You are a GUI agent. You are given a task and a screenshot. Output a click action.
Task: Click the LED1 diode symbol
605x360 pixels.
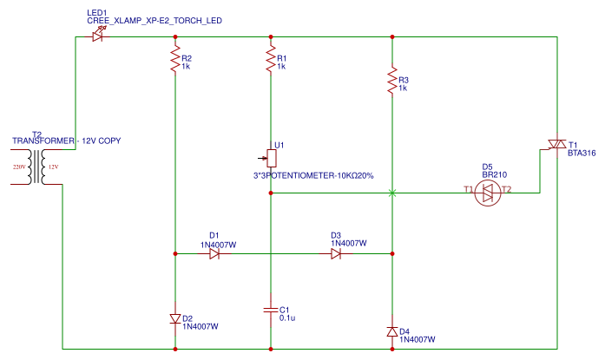point(97,36)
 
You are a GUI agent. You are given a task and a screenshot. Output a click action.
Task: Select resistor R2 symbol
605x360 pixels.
point(175,60)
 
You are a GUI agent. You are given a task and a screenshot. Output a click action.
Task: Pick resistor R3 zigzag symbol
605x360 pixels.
point(392,81)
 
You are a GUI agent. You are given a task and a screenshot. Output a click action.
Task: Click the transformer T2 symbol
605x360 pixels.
point(36,166)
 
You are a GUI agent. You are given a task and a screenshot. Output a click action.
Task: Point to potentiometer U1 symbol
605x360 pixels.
point(272,158)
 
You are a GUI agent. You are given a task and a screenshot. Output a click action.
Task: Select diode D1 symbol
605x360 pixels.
point(214,254)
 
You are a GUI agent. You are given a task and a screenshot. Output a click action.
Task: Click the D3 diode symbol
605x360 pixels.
point(336,254)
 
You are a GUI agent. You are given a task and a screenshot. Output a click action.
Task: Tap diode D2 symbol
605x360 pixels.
point(175,318)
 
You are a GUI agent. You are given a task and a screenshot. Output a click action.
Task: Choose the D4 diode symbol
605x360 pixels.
point(392,331)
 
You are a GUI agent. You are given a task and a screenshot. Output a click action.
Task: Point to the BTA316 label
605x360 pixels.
point(582,154)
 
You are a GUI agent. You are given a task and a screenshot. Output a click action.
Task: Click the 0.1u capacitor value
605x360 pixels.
point(288,318)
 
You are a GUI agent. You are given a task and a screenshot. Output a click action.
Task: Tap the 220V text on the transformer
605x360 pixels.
point(18,166)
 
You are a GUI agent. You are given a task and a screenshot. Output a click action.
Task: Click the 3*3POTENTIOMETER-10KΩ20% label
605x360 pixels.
point(312,175)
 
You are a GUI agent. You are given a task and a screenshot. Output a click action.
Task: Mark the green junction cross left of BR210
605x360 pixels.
point(392,193)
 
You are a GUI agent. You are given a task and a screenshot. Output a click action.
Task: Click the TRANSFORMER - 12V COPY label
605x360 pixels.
point(66,141)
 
